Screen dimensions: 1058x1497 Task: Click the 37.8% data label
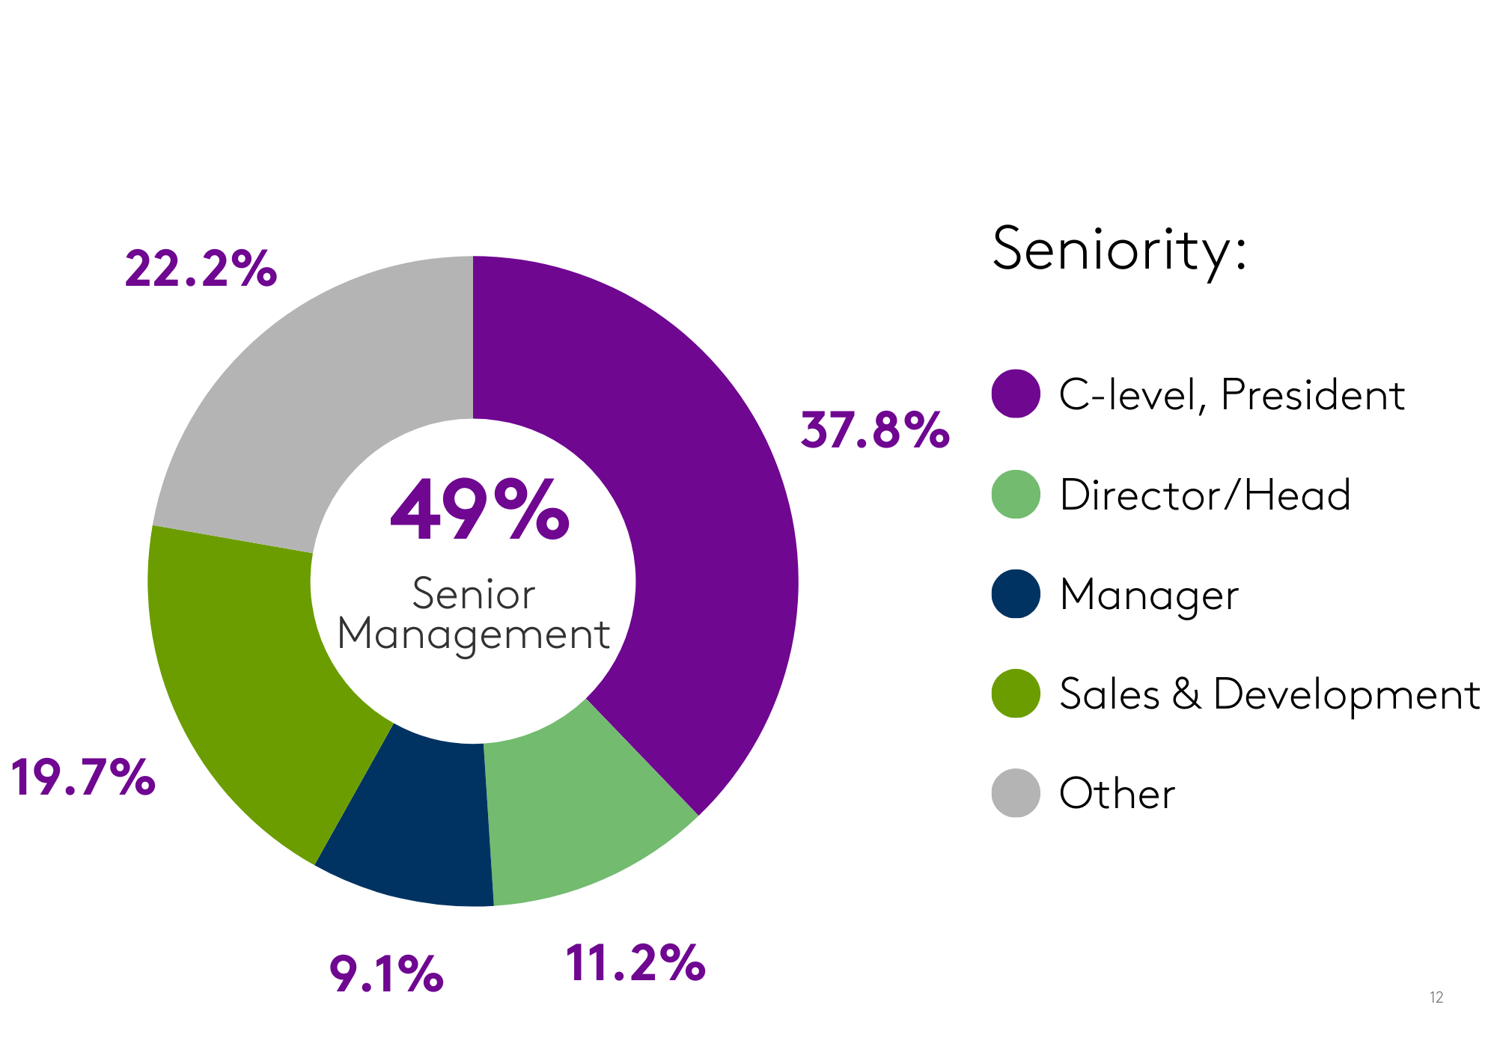click(874, 431)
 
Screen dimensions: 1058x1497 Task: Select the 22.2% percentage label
click(201, 269)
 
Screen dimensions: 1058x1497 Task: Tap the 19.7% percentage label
click(82, 778)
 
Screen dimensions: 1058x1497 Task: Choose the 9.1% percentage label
click(386, 974)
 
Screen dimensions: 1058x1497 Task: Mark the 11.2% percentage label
click(635, 963)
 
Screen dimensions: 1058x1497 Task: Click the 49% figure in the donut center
click(480, 511)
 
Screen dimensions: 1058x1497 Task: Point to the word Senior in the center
click(474, 595)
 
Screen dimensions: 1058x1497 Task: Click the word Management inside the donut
click(474, 635)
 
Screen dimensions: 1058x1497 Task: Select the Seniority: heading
click(1119, 251)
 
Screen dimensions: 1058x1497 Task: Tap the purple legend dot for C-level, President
click(1016, 394)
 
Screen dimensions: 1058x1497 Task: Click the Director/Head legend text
click(1205, 495)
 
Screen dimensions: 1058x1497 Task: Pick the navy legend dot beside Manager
click(1016, 594)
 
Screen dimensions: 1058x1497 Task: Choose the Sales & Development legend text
click(1269, 694)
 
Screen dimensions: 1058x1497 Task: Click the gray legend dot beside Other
click(1016, 793)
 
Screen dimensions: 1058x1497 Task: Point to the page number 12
click(1436, 997)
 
